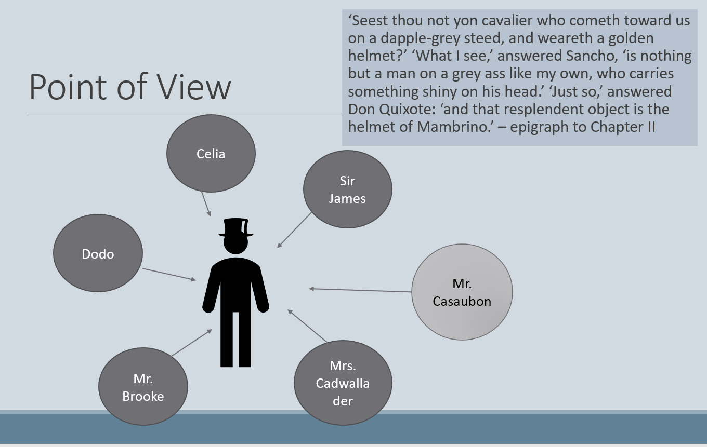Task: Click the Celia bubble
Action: click(x=211, y=154)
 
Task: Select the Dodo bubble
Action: click(x=98, y=253)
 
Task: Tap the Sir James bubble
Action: click(x=347, y=189)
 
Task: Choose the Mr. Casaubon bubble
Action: click(x=462, y=292)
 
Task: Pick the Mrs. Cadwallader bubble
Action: click(x=343, y=383)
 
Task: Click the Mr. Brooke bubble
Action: click(x=143, y=387)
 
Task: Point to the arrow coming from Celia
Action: click(x=206, y=203)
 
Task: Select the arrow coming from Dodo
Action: click(x=169, y=275)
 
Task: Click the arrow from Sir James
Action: click(x=295, y=229)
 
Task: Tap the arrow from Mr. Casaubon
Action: click(x=360, y=290)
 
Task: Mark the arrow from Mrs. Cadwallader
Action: click(x=307, y=326)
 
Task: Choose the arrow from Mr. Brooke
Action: click(x=192, y=343)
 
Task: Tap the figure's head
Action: click(x=235, y=245)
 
